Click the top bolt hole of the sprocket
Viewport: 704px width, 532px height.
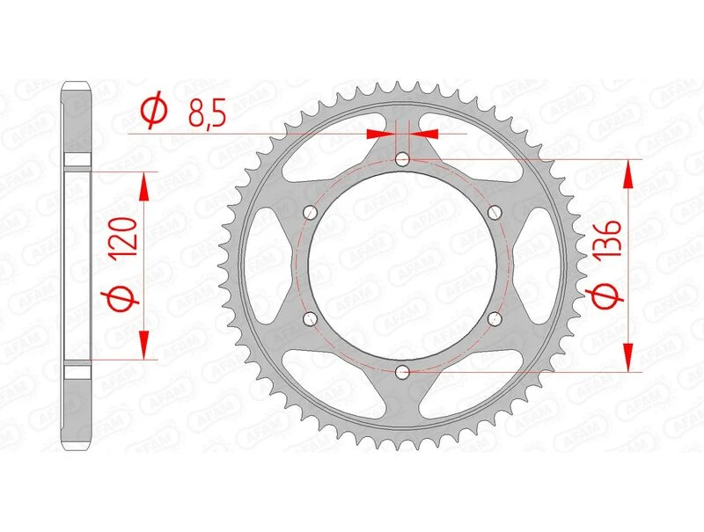tap(402, 159)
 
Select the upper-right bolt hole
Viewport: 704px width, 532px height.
tap(494, 212)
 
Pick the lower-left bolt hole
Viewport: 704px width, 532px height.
tap(310, 318)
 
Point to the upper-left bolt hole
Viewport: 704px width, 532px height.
tap(310, 212)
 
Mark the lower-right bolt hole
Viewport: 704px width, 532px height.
tap(494, 318)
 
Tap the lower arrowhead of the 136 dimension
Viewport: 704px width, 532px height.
tap(628, 356)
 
